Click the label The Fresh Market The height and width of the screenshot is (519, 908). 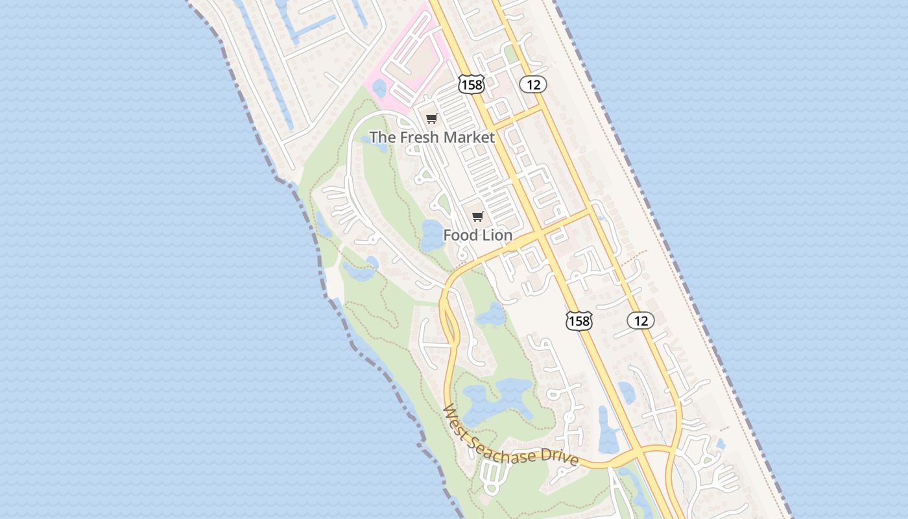[x=432, y=137]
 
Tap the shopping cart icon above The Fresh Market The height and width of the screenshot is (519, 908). [x=432, y=118]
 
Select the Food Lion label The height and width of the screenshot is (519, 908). [x=478, y=235]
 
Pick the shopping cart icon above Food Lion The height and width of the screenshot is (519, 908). [x=478, y=216]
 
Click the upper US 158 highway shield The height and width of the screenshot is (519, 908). [x=471, y=84]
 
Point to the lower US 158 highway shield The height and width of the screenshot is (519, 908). [x=579, y=320]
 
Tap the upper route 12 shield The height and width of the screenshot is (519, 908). [x=534, y=84]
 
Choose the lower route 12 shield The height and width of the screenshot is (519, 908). [x=641, y=320]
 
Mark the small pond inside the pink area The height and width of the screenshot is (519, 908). [x=379, y=88]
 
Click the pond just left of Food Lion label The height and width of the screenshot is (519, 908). [x=431, y=235]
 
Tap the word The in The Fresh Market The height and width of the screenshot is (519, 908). [x=382, y=137]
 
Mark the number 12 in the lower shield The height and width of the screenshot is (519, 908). [x=641, y=320]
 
